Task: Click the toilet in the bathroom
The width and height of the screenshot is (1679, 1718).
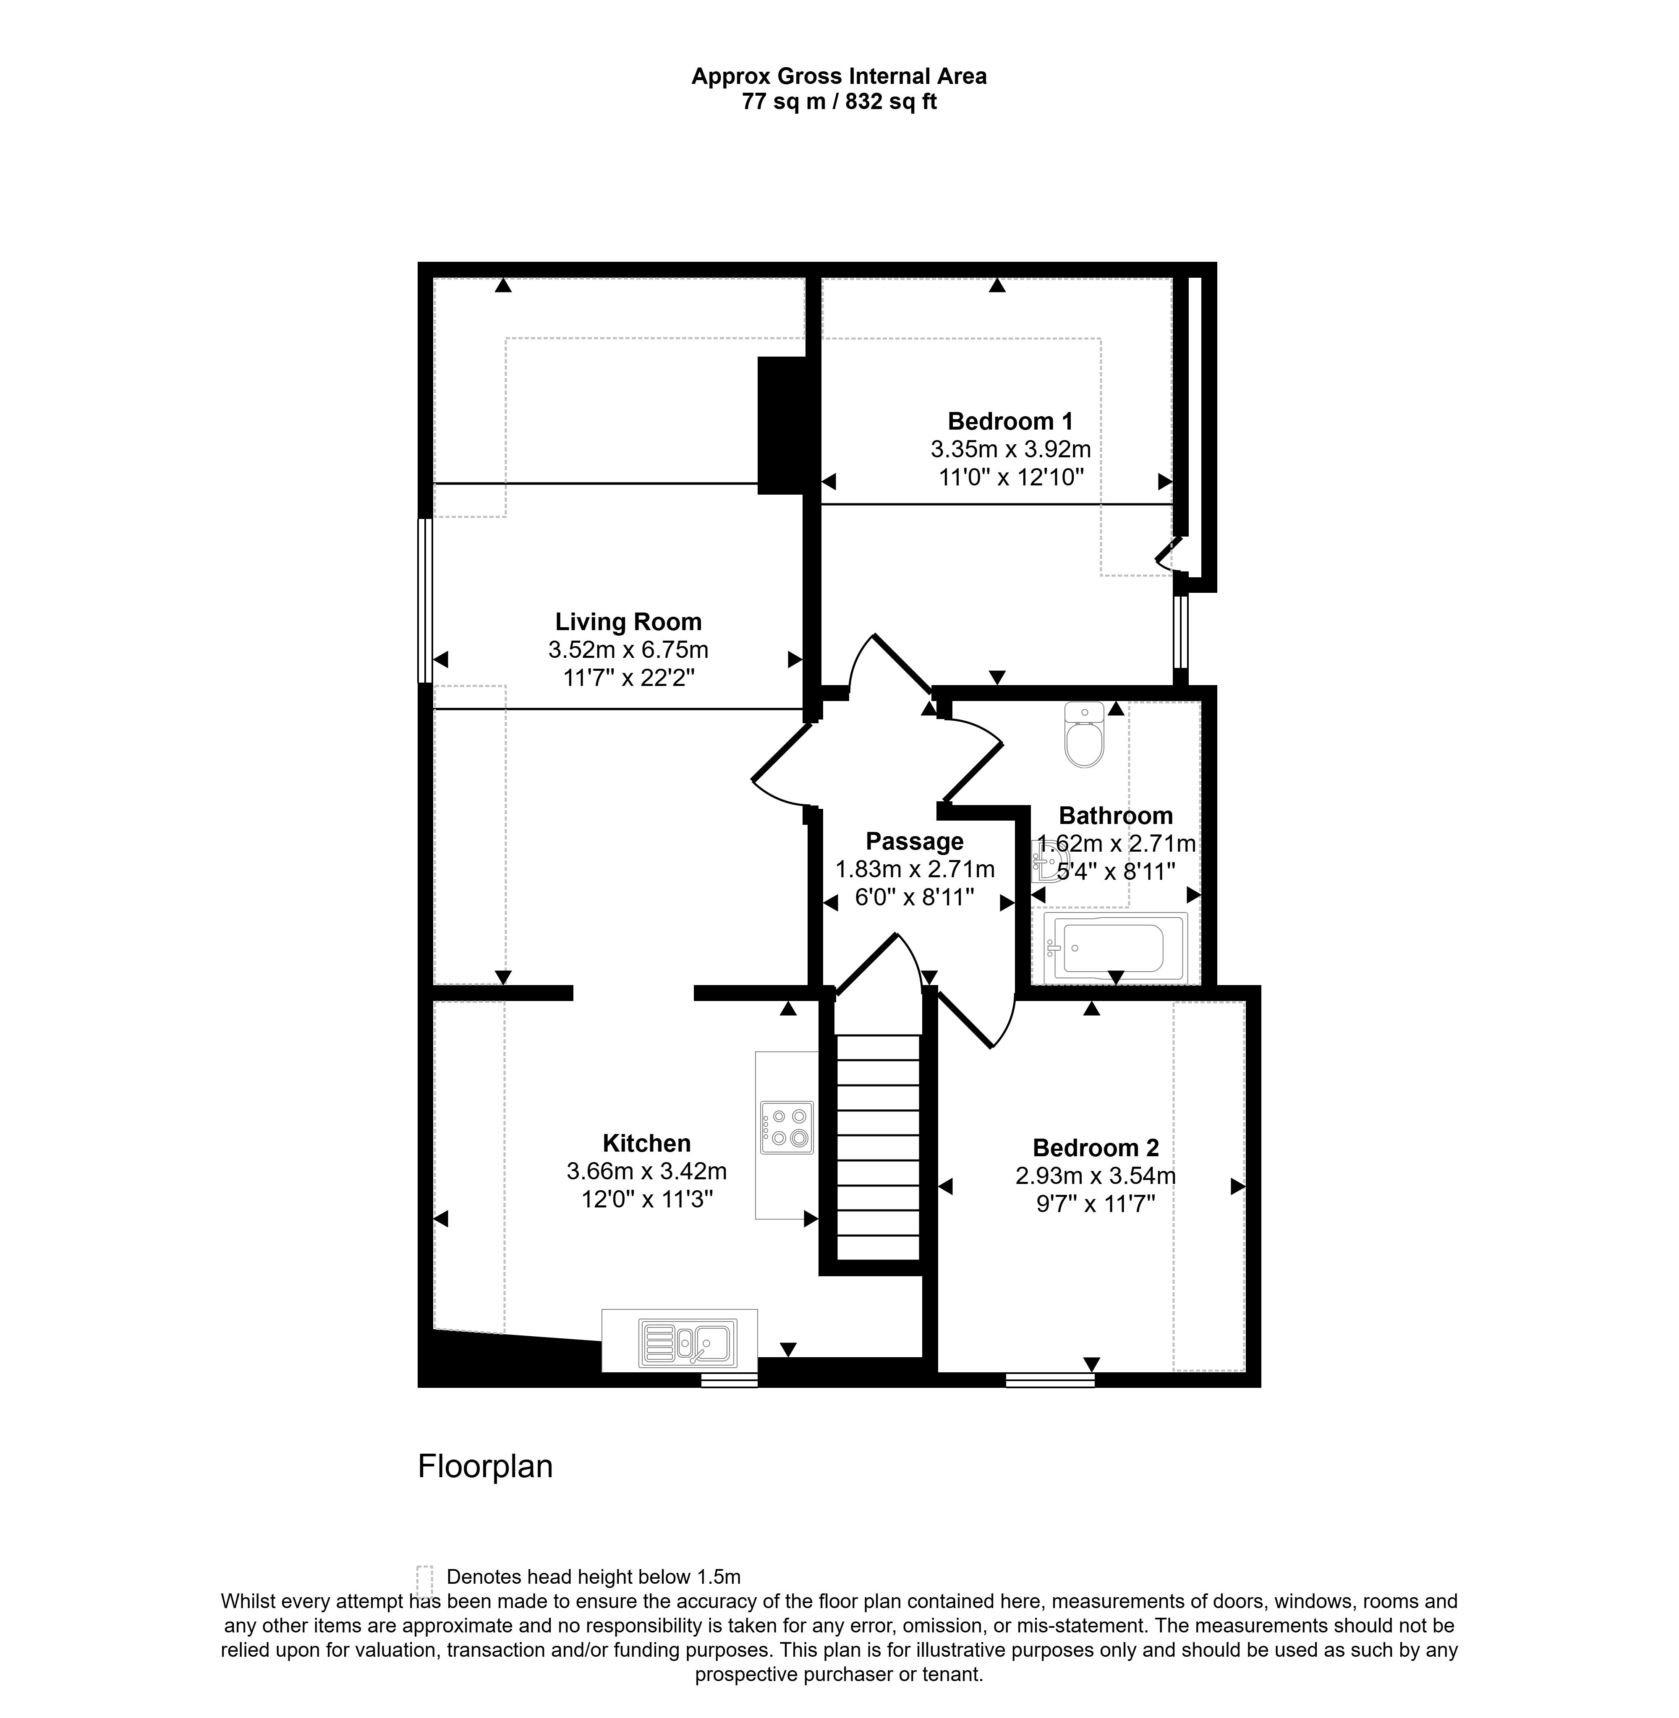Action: [x=1084, y=734]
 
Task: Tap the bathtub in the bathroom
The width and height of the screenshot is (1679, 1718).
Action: [x=1116, y=949]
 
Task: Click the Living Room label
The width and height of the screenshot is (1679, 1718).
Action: [x=628, y=621]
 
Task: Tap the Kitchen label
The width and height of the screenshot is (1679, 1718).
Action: [x=646, y=1143]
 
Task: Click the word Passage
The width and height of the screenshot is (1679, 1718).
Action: [x=915, y=841]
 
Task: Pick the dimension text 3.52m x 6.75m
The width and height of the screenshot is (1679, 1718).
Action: [x=628, y=649]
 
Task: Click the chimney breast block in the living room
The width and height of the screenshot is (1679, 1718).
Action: [x=782, y=425]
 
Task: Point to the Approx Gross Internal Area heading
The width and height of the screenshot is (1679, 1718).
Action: [x=839, y=77]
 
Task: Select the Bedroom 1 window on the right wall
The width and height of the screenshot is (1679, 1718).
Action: [x=1181, y=632]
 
